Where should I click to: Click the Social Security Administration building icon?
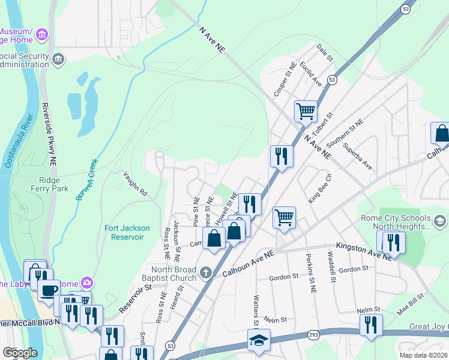[58, 58]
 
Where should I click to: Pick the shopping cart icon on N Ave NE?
[306, 110]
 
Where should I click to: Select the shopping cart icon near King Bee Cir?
[284, 217]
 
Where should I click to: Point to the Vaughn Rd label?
[135, 184]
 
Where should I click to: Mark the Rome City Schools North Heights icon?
[440, 222]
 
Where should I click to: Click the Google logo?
[20, 352]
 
